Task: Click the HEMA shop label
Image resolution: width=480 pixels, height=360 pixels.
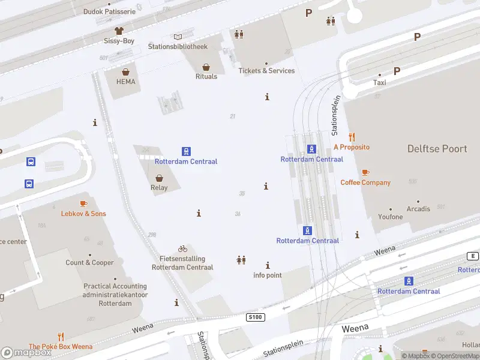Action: [x=126, y=82]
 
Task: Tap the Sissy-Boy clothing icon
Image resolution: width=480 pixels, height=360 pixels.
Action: [x=119, y=31]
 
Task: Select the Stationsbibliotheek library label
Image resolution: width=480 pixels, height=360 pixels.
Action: [x=178, y=46]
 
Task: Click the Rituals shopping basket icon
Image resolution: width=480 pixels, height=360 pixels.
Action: [x=206, y=67]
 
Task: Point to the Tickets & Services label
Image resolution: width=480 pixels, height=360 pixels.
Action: [x=266, y=71]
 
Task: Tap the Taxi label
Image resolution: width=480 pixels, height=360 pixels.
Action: [x=380, y=83]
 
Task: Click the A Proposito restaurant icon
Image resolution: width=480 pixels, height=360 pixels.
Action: [x=352, y=137]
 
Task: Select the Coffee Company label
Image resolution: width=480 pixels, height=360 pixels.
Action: [x=365, y=182]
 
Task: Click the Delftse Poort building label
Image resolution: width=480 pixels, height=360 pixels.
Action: [x=437, y=148]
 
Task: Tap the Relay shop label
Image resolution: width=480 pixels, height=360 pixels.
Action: [x=159, y=187]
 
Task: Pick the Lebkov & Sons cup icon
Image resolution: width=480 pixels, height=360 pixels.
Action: [x=83, y=204]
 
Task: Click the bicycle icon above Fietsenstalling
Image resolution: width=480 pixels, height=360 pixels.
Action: [x=182, y=248]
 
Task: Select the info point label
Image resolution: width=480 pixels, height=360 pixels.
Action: [x=268, y=275]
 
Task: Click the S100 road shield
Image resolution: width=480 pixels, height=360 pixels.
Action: [x=255, y=317]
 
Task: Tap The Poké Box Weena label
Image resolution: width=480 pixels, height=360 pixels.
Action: [x=61, y=347]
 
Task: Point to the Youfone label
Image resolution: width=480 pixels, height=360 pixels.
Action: [x=391, y=217]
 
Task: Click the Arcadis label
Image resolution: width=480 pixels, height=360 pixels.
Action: [x=418, y=209]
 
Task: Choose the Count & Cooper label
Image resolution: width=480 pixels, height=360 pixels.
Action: [x=90, y=263]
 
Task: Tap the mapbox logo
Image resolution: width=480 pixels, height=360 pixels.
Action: [x=26, y=353]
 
